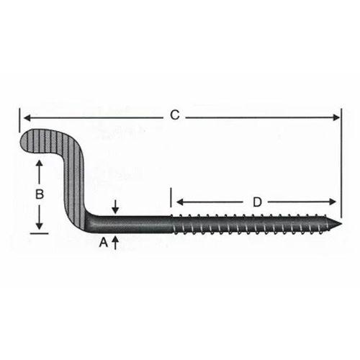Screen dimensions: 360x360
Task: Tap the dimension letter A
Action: pos(103,243)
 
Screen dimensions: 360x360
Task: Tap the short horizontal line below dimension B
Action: pos(40,233)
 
